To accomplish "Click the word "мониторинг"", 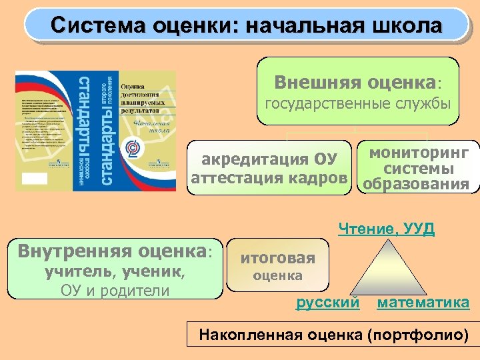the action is click(419, 154).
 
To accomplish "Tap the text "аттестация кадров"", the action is click(269, 179).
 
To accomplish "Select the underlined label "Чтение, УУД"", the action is click(387, 230).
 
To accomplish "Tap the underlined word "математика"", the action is click(423, 303).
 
